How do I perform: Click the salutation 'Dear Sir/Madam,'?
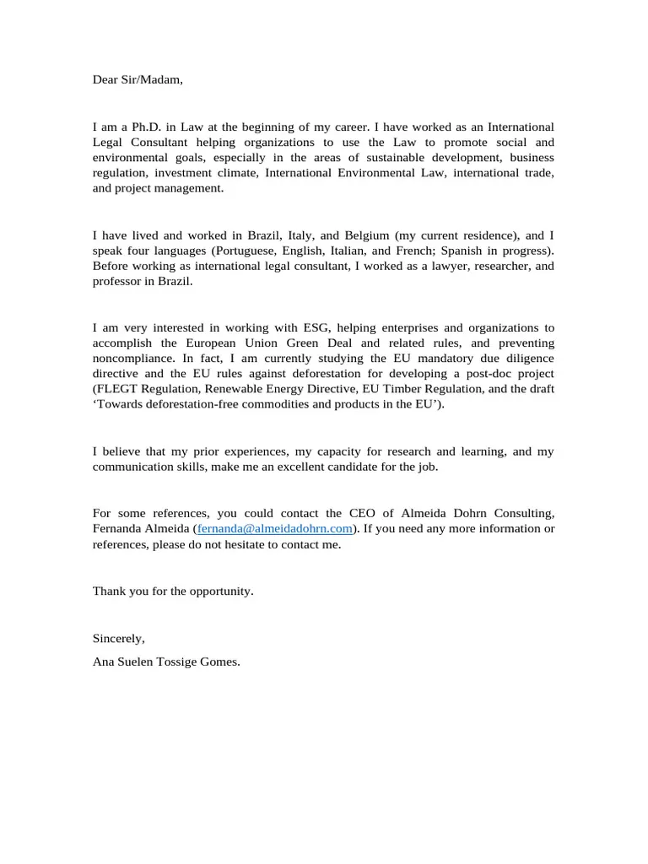[x=137, y=80]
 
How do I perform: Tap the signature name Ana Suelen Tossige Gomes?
[x=166, y=662]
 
